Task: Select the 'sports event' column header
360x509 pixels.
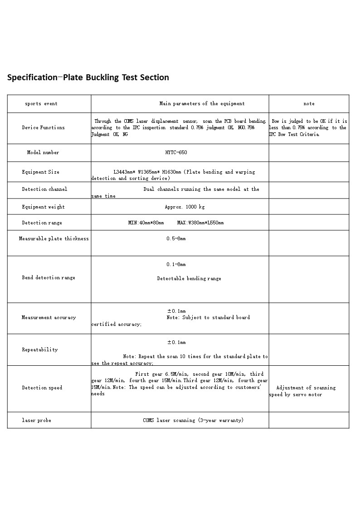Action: pos(41,104)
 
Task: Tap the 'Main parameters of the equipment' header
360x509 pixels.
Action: pos(202,104)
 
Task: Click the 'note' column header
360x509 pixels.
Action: pos(309,104)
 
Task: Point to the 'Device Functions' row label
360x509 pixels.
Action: pos(43,128)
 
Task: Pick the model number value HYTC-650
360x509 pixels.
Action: pos(176,153)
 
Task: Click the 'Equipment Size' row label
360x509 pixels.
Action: pos(40,172)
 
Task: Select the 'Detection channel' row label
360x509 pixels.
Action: pos(44,189)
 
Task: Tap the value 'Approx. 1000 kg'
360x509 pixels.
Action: pos(185,207)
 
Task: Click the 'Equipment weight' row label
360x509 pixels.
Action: pos(43,207)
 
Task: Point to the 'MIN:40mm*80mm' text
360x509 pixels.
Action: pos(146,223)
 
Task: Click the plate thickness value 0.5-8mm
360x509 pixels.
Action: pos(176,239)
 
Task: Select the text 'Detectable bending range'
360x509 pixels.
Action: pos(189,279)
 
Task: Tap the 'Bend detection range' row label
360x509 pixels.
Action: pos(49,278)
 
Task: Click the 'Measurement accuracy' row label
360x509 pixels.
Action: pos(49,318)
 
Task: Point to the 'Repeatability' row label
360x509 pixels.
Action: pos(40,350)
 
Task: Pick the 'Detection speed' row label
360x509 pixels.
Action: pos(42,388)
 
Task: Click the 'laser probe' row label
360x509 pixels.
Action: pos(36,421)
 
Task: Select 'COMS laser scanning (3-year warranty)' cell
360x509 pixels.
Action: pos(193,421)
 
